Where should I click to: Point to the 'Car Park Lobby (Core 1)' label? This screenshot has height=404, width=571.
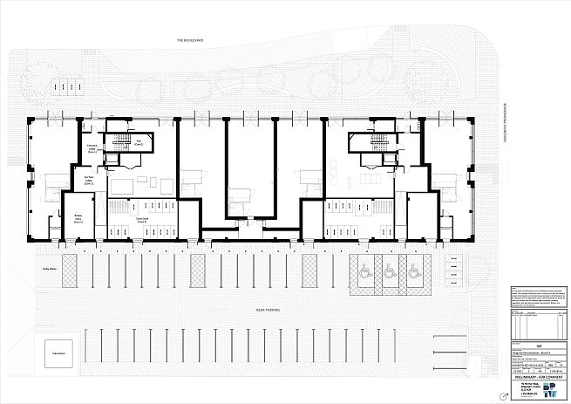(90, 182)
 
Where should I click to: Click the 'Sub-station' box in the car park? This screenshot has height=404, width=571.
(59, 354)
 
